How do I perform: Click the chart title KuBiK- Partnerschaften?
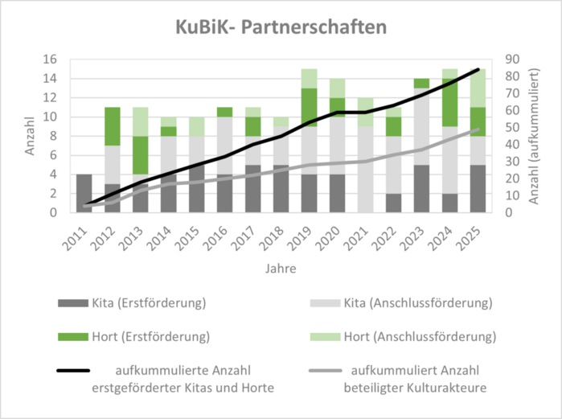tap(281, 27)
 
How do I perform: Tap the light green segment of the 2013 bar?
tap(140, 121)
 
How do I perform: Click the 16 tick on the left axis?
tap(51, 60)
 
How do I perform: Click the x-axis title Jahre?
tap(281, 268)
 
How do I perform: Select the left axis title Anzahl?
tap(30, 137)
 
